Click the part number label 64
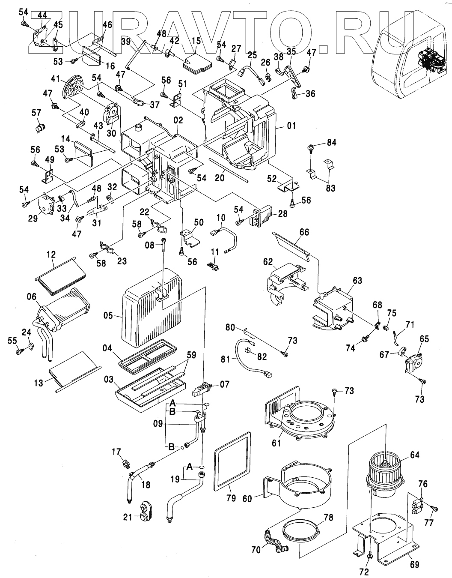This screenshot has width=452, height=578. coord(415,455)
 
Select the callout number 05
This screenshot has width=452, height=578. coord(108,316)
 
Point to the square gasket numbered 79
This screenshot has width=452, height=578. coord(231,462)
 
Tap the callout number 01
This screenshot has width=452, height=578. coord(291,126)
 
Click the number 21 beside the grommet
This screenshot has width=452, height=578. coord(128,517)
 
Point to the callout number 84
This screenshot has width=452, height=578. coord(331,142)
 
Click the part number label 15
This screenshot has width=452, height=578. coord(196,41)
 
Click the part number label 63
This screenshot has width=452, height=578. coord(357,281)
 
